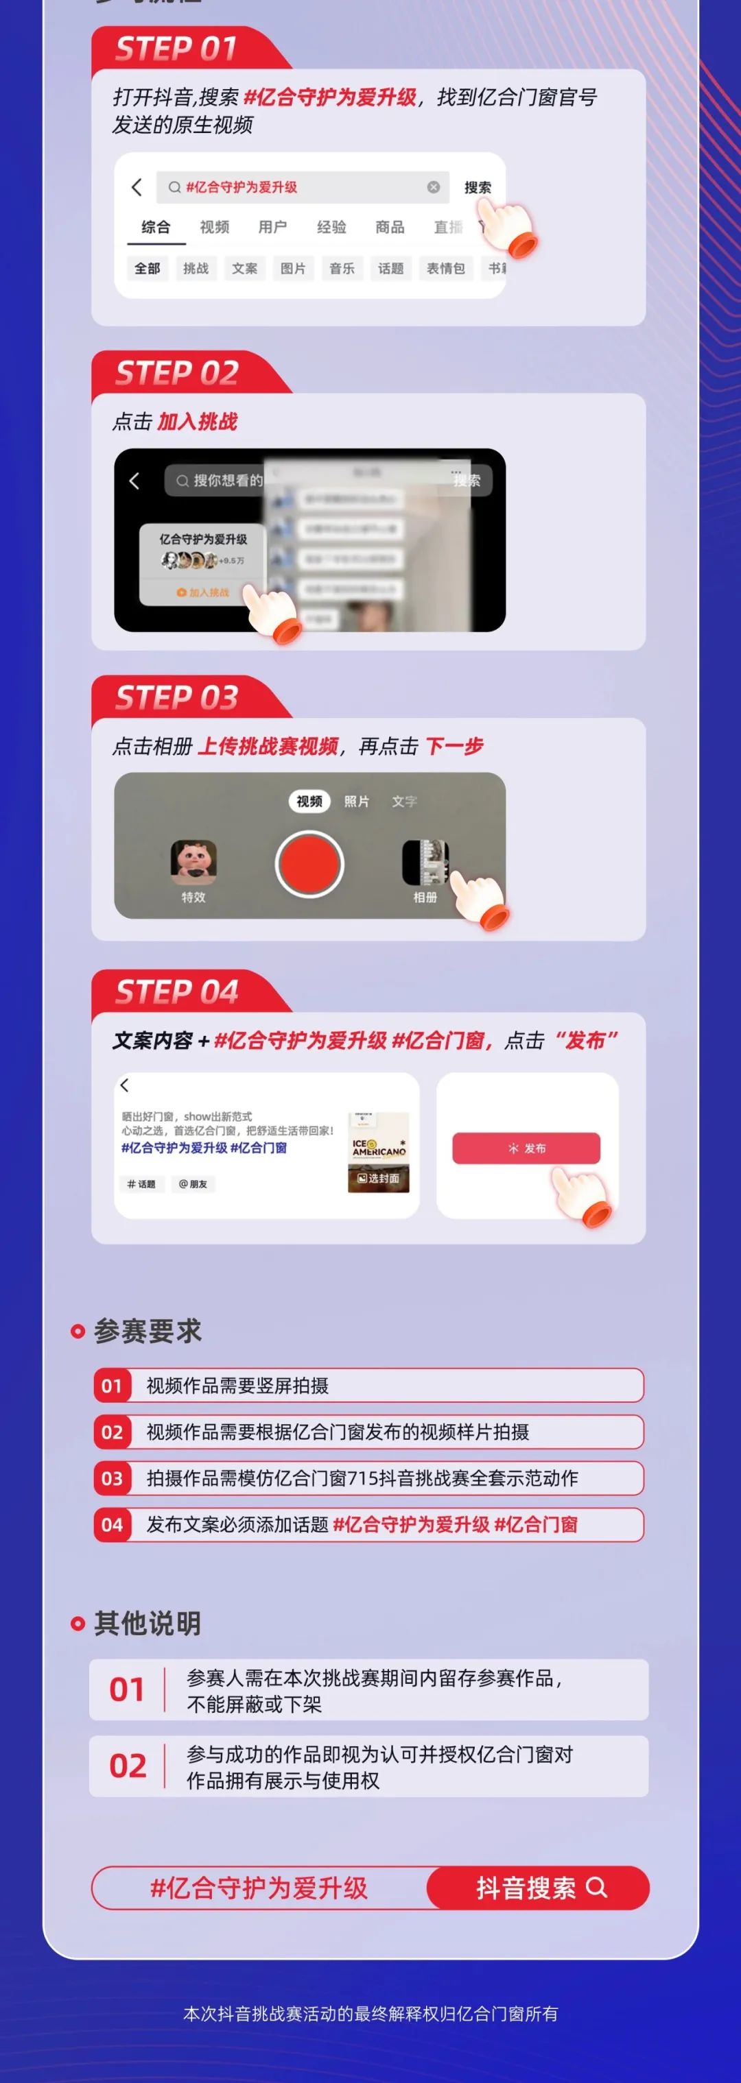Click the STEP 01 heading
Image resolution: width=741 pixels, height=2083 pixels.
176,49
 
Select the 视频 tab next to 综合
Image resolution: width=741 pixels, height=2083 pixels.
214,227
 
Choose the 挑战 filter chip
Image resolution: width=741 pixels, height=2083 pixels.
196,269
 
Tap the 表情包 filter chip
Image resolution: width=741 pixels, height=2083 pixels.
446,269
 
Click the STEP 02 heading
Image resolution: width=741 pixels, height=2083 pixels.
176,374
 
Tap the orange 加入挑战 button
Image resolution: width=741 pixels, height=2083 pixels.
203,592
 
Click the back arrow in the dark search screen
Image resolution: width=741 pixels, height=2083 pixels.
134,481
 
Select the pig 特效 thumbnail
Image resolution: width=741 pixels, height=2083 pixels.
193,862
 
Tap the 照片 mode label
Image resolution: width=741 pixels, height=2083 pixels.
357,802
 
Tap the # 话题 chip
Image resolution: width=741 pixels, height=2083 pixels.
141,1185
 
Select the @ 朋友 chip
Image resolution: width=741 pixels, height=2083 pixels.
193,1185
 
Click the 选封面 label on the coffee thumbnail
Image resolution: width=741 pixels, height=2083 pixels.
379,1179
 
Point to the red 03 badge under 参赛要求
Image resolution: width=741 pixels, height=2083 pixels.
112,1478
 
